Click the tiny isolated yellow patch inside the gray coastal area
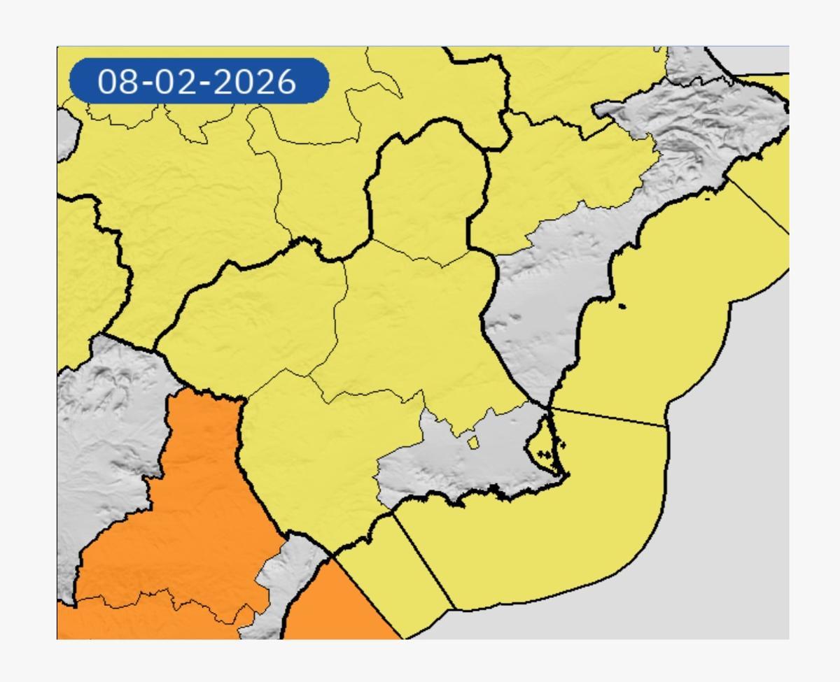pyautogui.click(x=473, y=443)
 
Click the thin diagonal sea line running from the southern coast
pyautogui.click(x=423, y=560)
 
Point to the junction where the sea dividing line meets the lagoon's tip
pyautogui.click(x=548, y=406)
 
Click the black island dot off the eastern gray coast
pyautogui.click(x=622, y=306)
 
